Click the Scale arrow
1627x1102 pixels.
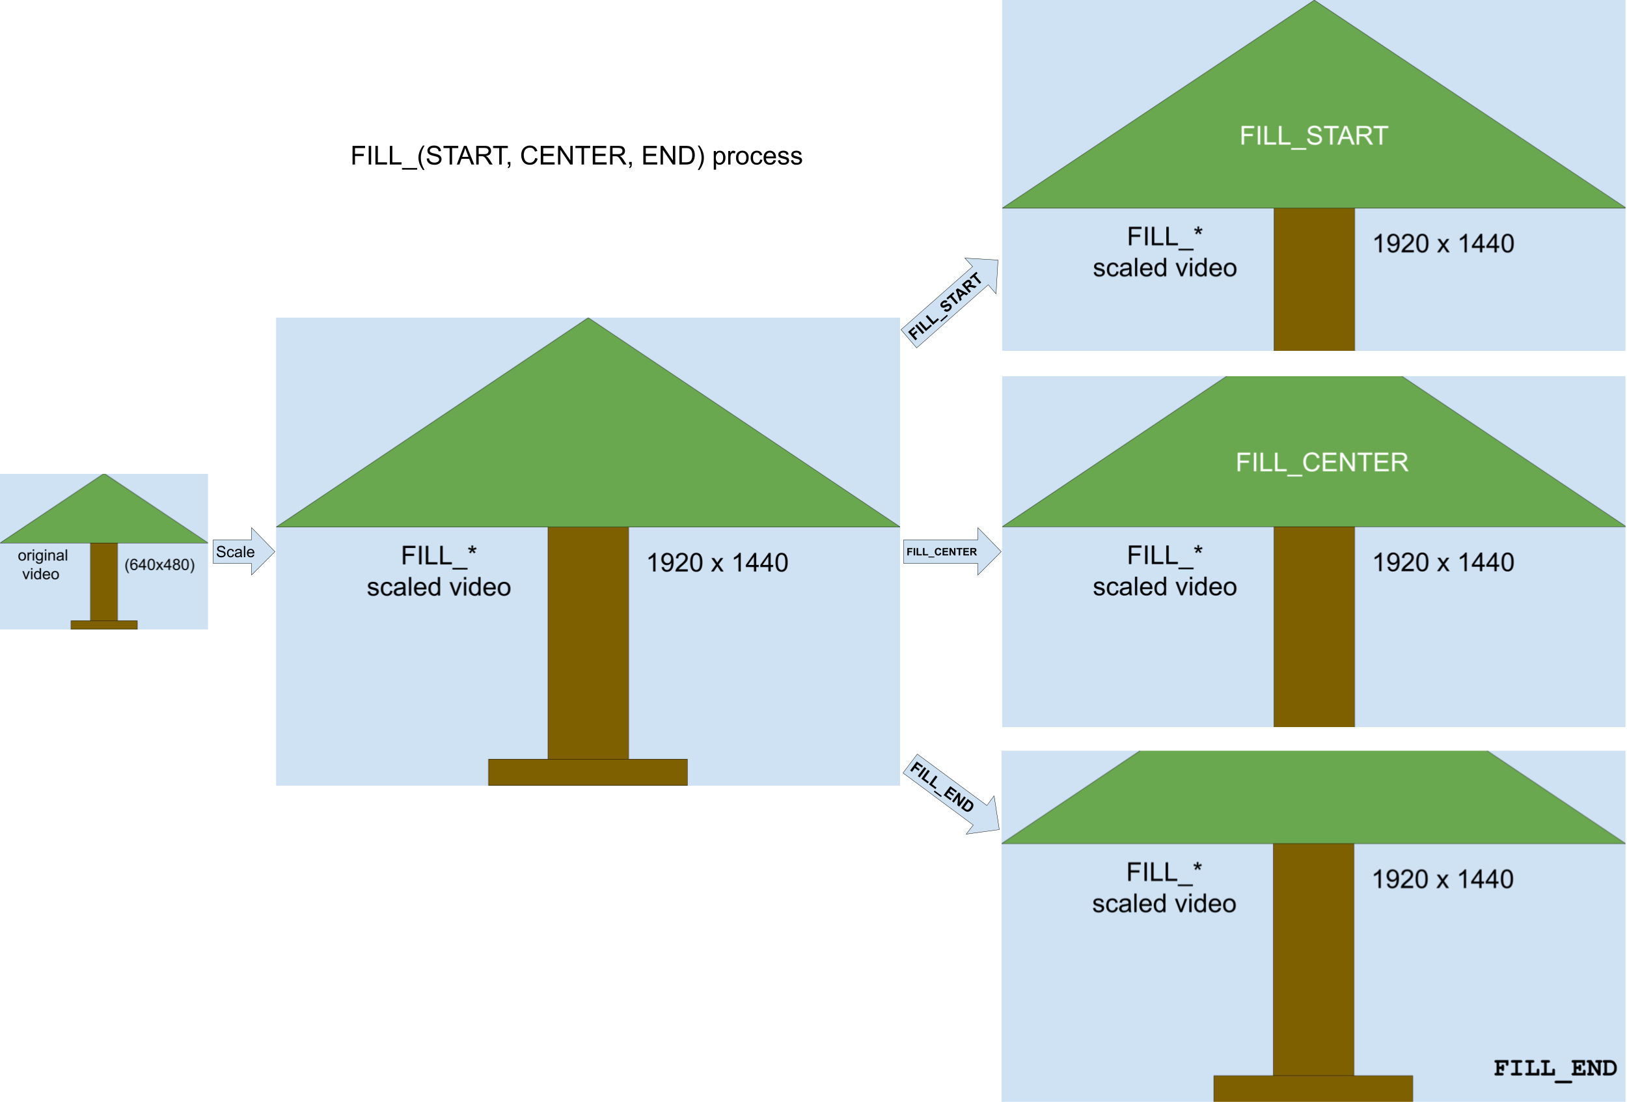241,552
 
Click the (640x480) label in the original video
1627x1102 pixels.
159,564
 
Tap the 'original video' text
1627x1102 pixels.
42,564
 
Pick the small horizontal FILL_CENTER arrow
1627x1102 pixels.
949,552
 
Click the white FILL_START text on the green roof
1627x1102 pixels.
1313,136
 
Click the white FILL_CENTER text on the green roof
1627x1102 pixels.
1321,462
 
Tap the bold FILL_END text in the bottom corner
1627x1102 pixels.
1554,1068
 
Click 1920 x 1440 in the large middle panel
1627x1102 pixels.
717,563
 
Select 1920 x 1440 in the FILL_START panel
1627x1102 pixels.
1443,243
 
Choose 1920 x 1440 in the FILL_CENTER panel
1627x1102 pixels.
1443,562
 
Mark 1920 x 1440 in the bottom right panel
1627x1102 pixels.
1442,879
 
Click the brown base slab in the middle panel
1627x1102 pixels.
588,771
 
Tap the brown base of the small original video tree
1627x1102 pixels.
103,624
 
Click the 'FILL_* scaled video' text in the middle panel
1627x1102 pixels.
439,572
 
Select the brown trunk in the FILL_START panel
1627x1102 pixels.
1313,280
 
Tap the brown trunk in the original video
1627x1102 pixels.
103,581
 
